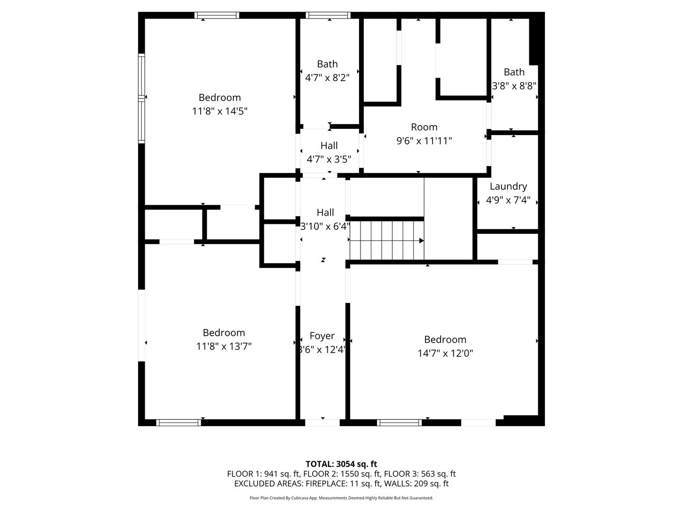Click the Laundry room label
(x=508, y=186)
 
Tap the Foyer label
(x=322, y=336)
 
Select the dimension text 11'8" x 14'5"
(x=220, y=111)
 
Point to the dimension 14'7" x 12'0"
(x=445, y=353)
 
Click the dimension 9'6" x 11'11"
(x=424, y=141)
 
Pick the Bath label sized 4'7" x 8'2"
(x=327, y=64)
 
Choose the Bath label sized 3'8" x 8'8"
(x=514, y=72)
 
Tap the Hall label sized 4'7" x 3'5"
(x=329, y=146)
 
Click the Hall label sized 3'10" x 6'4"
(x=325, y=212)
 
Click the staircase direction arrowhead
(x=421, y=241)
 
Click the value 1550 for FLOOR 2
(x=350, y=474)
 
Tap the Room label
(x=424, y=127)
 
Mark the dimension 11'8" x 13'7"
(x=224, y=346)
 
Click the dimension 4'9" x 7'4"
(x=508, y=200)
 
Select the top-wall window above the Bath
(x=328, y=15)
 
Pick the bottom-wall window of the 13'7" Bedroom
(x=179, y=422)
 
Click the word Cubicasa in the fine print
(x=300, y=498)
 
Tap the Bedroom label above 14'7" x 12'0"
(x=445, y=339)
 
